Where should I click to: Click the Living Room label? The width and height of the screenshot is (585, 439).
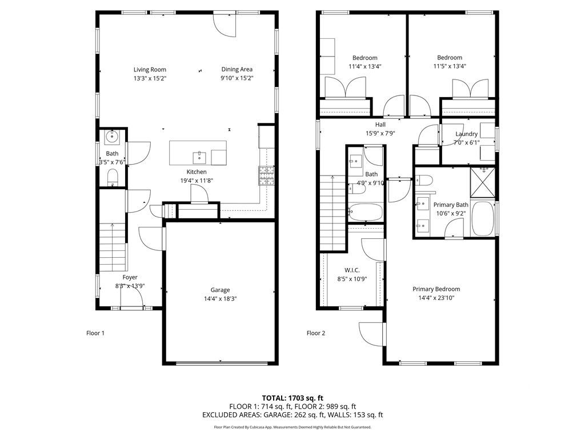tap(150, 70)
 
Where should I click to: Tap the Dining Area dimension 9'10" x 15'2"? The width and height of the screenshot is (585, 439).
tap(237, 78)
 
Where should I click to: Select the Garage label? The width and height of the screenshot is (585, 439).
tap(220, 289)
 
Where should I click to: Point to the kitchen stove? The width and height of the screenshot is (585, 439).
tap(266, 175)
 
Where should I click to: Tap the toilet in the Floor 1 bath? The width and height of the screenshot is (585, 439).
tap(112, 177)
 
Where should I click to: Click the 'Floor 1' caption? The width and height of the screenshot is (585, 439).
tap(95, 333)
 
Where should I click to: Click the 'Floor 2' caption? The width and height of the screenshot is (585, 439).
tap(315, 333)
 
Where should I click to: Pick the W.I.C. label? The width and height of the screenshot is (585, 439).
tap(351, 270)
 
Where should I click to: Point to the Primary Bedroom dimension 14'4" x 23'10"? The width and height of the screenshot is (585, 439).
tap(436, 298)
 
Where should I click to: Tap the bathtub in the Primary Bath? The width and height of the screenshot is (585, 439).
tap(483, 219)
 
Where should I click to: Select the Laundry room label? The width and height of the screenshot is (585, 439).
tap(466, 134)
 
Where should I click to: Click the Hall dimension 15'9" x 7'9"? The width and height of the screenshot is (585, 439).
tap(380, 133)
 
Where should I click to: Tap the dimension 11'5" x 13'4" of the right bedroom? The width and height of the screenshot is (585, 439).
tap(450, 66)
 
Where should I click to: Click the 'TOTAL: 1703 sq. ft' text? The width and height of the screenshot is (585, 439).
tap(292, 398)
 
